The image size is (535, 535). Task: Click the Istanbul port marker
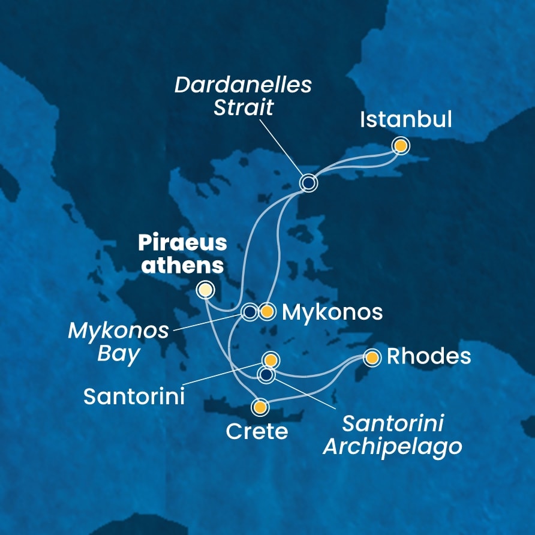[x=401, y=146]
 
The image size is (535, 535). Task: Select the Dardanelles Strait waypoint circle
[x=308, y=183]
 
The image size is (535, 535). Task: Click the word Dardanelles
[x=243, y=85]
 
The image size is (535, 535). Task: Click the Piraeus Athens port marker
[x=206, y=290]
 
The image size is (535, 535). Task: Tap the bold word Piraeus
[x=183, y=244]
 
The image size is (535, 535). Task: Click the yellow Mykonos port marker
[x=267, y=312]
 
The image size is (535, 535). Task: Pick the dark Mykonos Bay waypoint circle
[x=250, y=312]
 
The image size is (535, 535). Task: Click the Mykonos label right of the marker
[x=332, y=312]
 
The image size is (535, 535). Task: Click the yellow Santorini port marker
[x=270, y=360]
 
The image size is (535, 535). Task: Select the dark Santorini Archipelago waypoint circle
[x=266, y=375]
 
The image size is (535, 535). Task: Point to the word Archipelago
[x=392, y=446]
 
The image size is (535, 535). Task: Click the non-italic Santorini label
[x=134, y=396]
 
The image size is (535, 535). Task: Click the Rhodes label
[x=429, y=357]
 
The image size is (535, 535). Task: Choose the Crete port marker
[x=260, y=408]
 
